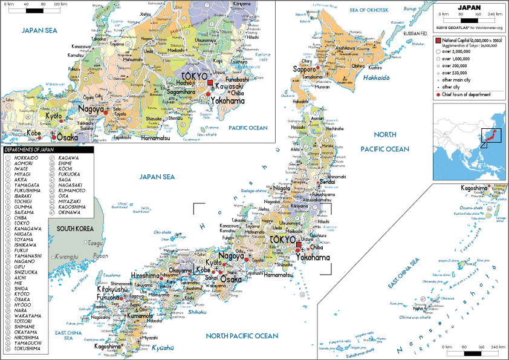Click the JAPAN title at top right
tap(470, 7)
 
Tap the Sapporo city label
tap(305, 70)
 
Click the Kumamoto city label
tap(140, 316)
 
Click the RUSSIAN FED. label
tap(416, 33)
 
